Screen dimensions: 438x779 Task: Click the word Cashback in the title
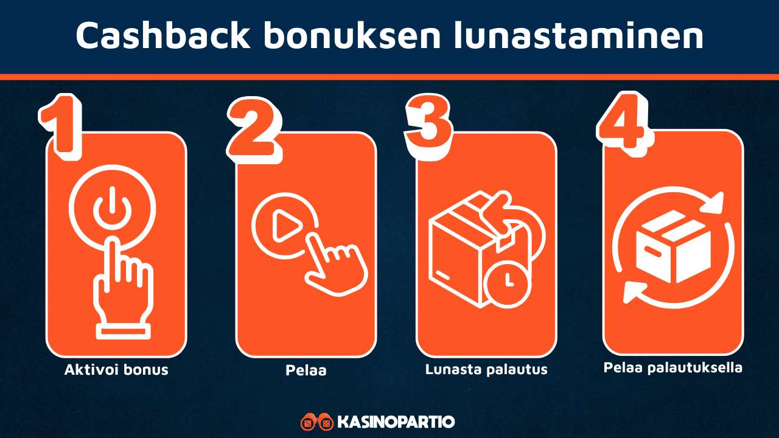point(162,36)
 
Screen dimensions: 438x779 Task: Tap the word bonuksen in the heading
point(351,36)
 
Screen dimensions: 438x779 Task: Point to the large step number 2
point(254,125)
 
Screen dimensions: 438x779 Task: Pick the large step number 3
point(429,123)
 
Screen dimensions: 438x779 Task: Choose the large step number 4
point(621,122)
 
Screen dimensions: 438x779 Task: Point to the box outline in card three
point(466,249)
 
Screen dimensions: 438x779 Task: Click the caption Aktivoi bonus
point(116,369)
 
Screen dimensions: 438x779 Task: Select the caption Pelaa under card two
point(306,370)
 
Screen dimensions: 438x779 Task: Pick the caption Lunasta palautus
point(486,369)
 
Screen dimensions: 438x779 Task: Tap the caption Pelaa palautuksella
point(673,368)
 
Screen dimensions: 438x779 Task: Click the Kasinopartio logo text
point(395,422)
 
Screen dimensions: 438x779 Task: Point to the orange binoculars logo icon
point(316,422)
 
